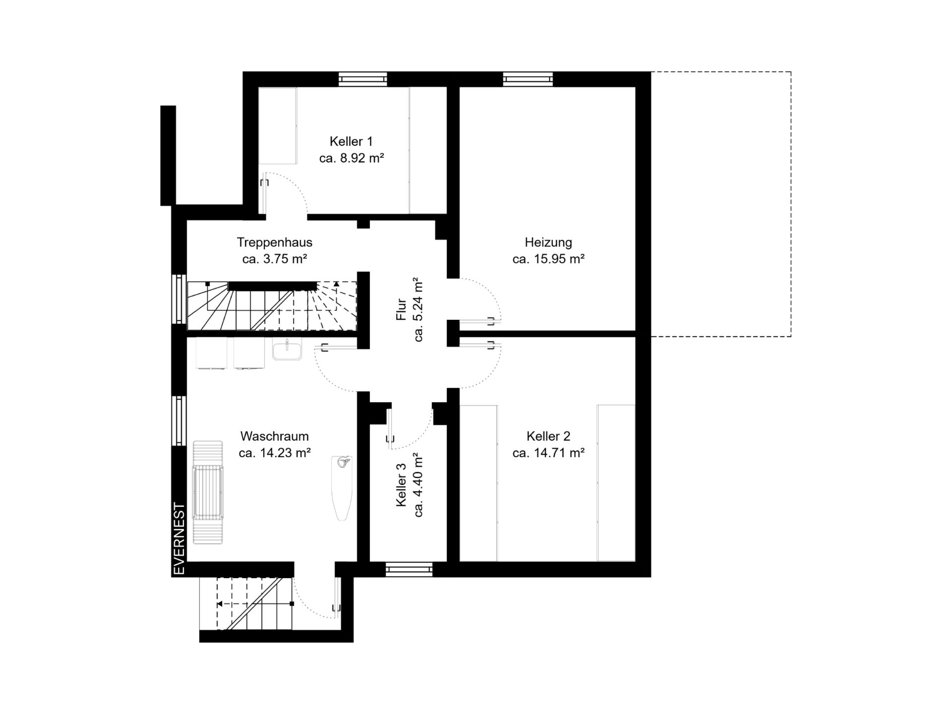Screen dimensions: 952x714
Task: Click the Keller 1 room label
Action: click(x=351, y=141)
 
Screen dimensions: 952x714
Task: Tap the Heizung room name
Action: click(x=548, y=242)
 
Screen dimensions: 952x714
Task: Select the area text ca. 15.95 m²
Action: click(x=548, y=259)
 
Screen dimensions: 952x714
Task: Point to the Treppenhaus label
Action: click(x=275, y=242)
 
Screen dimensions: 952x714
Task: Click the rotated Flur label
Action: click(x=401, y=309)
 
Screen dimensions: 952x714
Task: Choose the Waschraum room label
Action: click(x=275, y=436)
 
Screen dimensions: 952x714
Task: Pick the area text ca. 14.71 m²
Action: click(x=548, y=453)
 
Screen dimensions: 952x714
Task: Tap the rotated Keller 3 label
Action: click(x=401, y=484)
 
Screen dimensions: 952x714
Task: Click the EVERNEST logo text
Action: click(x=179, y=539)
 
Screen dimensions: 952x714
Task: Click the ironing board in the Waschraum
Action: click(x=342, y=488)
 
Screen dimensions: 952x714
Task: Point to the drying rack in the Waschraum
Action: click(x=208, y=492)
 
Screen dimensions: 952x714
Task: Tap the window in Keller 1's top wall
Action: click(x=362, y=79)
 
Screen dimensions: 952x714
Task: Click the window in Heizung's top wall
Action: click(x=528, y=79)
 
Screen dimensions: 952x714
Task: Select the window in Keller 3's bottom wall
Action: click(x=409, y=569)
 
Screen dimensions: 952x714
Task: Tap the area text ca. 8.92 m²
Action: click(x=351, y=158)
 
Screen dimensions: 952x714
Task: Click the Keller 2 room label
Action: click(x=548, y=436)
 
